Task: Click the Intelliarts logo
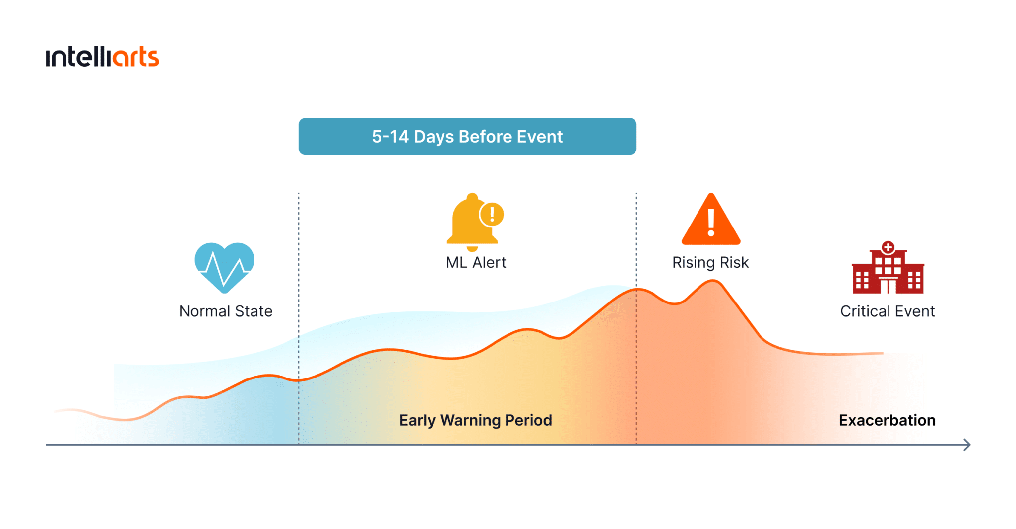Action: click(x=102, y=57)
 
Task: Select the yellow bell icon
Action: click(x=472, y=222)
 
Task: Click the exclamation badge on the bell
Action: click(x=492, y=215)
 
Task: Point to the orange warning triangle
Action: click(x=711, y=220)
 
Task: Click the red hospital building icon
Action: click(x=888, y=268)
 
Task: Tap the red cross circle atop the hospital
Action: click(x=888, y=247)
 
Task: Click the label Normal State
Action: click(x=226, y=311)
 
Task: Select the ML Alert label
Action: click(x=476, y=262)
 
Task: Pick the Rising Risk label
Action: click(x=710, y=262)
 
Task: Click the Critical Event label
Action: click(x=888, y=311)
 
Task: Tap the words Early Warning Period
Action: click(x=476, y=420)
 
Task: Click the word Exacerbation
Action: click(x=887, y=420)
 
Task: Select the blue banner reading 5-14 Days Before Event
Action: click(x=467, y=137)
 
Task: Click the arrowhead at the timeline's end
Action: click(x=967, y=445)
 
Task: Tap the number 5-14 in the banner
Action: click(x=390, y=137)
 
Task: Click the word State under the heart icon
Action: click(x=254, y=311)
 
